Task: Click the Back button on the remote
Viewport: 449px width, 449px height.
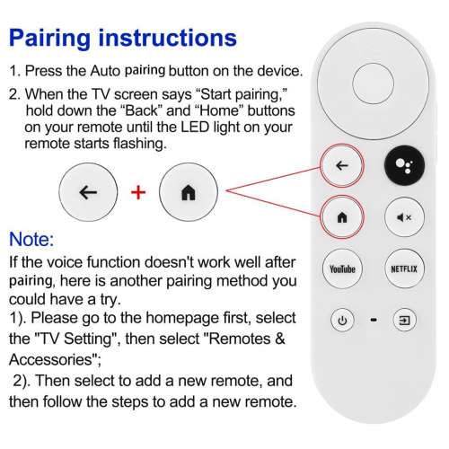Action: [x=342, y=166]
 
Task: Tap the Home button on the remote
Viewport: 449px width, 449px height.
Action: [x=342, y=217]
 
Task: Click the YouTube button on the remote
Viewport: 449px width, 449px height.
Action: [x=342, y=269]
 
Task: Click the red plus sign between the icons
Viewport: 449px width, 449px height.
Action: [x=138, y=192]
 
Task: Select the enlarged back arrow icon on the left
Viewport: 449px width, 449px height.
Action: [x=87, y=192]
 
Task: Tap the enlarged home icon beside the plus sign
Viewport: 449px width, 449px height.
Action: [x=188, y=192]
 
